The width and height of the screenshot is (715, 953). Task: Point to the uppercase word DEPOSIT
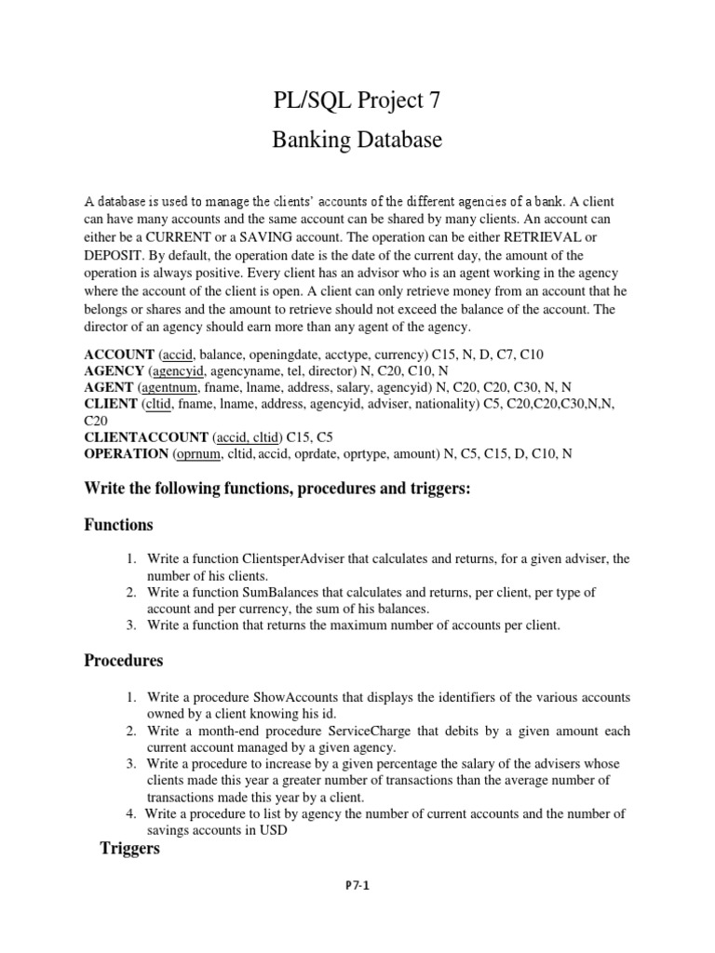pos(115,256)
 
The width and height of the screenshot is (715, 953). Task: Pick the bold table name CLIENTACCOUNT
pos(145,437)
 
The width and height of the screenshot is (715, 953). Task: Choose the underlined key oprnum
pos(201,454)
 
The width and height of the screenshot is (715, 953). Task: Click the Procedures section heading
pos(124,661)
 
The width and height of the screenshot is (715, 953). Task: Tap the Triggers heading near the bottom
pos(130,849)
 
